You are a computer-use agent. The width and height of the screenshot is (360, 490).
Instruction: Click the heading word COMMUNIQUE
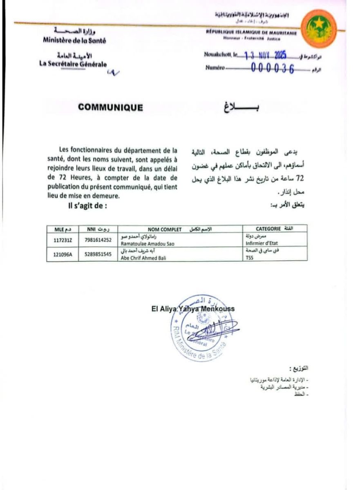[x=111, y=108]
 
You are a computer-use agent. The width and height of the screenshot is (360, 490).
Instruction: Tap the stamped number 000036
[x=273, y=69]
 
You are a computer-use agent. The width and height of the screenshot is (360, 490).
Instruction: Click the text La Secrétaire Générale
[x=73, y=64]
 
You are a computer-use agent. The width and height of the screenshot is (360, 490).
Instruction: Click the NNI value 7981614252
[x=96, y=240]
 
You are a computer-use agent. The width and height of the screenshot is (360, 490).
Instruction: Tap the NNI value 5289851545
[x=96, y=254]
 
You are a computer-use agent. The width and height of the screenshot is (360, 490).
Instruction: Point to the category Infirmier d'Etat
[x=262, y=243]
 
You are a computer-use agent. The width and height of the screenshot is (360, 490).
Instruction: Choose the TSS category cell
[x=250, y=258]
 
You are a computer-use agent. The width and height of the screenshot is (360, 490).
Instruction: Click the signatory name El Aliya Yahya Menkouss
[x=193, y=309]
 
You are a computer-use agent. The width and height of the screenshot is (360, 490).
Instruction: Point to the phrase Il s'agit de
[x=88, y=205]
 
